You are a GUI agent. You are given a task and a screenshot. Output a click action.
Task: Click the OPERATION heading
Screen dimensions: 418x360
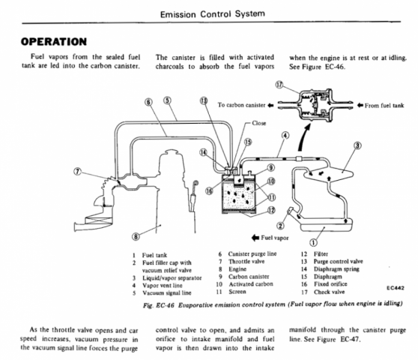pos(54,42)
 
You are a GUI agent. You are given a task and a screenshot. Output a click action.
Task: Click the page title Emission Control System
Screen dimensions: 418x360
pos(213,14)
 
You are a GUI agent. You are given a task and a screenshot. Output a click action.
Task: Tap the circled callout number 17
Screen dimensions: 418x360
pos(279,85)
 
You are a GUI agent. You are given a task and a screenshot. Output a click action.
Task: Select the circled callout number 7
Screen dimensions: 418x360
pos(77,172)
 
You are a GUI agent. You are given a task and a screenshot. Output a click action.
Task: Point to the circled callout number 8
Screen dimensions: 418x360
pos(136,236)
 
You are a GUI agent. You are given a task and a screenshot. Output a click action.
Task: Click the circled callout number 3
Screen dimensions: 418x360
pos(357,145)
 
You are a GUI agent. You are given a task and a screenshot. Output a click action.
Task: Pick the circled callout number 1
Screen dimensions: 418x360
pos(313,242)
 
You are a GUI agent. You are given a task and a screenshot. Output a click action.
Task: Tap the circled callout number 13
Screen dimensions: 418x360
pos(204,100)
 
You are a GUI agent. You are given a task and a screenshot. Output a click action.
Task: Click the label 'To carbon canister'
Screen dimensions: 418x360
pos(241,105)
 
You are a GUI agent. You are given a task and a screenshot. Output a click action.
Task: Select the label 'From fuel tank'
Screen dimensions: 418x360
pos(384,106)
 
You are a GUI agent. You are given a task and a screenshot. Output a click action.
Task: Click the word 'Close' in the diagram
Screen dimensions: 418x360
pos(259,123)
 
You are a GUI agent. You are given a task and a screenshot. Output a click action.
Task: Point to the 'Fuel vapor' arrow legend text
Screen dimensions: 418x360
pos(275,238)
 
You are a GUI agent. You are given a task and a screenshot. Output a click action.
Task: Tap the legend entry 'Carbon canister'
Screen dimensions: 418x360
pos(249,277)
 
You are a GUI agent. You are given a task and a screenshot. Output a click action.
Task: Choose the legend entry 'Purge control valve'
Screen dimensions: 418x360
pos(339,262)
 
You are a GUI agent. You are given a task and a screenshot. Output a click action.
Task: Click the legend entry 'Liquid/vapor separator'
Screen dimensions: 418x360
pos(172,277)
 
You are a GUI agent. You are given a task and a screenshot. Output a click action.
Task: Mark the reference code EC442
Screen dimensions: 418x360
pos(396,288)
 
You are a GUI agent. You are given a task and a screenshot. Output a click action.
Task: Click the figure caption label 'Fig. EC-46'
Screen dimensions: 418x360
pos(158,305)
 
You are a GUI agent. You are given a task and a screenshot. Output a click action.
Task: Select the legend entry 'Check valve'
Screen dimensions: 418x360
pos(329,292)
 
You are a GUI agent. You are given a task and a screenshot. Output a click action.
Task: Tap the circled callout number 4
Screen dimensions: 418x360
pos(285,136)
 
